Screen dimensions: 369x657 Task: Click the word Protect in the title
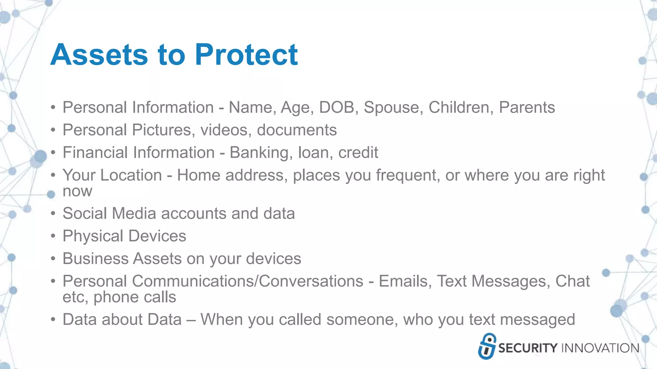[246, 55]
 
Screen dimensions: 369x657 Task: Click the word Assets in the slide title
[99, 55]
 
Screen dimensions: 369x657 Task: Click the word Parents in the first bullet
[527, 107]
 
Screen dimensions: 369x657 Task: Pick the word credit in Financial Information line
[358, 152]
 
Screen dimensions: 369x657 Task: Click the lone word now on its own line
[77, 192]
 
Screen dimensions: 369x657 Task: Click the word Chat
[572, 281]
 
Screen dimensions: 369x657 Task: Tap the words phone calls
[135, 297]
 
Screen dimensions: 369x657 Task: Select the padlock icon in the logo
[487, 346]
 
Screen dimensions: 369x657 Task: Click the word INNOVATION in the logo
[600, 348]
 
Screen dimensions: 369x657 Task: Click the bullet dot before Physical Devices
[53, 236]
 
